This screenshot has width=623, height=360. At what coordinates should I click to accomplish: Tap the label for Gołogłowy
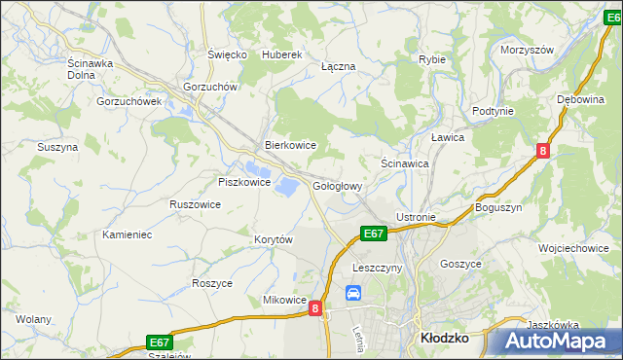click(338, 186)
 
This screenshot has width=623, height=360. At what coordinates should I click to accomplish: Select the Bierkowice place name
click(291, 145)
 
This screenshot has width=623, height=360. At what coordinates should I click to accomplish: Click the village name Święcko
click(227, 54)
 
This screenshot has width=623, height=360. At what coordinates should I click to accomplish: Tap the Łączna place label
click(338, 66)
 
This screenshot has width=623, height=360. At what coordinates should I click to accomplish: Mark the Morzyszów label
click(526, 50)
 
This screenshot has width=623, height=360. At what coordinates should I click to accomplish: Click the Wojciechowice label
click(573, 248)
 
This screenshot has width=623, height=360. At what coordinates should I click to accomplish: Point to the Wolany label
click(33, 318)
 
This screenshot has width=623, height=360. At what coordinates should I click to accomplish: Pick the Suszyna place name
click(56, 147)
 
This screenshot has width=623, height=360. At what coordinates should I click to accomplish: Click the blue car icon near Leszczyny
click(353, 292)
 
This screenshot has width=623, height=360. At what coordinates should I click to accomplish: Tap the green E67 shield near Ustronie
click(374, 234)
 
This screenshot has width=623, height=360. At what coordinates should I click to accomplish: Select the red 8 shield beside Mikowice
click(315, 307)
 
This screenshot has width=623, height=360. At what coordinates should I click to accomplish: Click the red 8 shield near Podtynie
click(543, 150)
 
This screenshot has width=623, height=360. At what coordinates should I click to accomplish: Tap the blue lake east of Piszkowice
click(286, 184)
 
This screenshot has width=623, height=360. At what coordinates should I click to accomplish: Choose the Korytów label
click(274, 239)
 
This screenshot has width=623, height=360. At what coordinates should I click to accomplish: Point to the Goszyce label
click(460, 264)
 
